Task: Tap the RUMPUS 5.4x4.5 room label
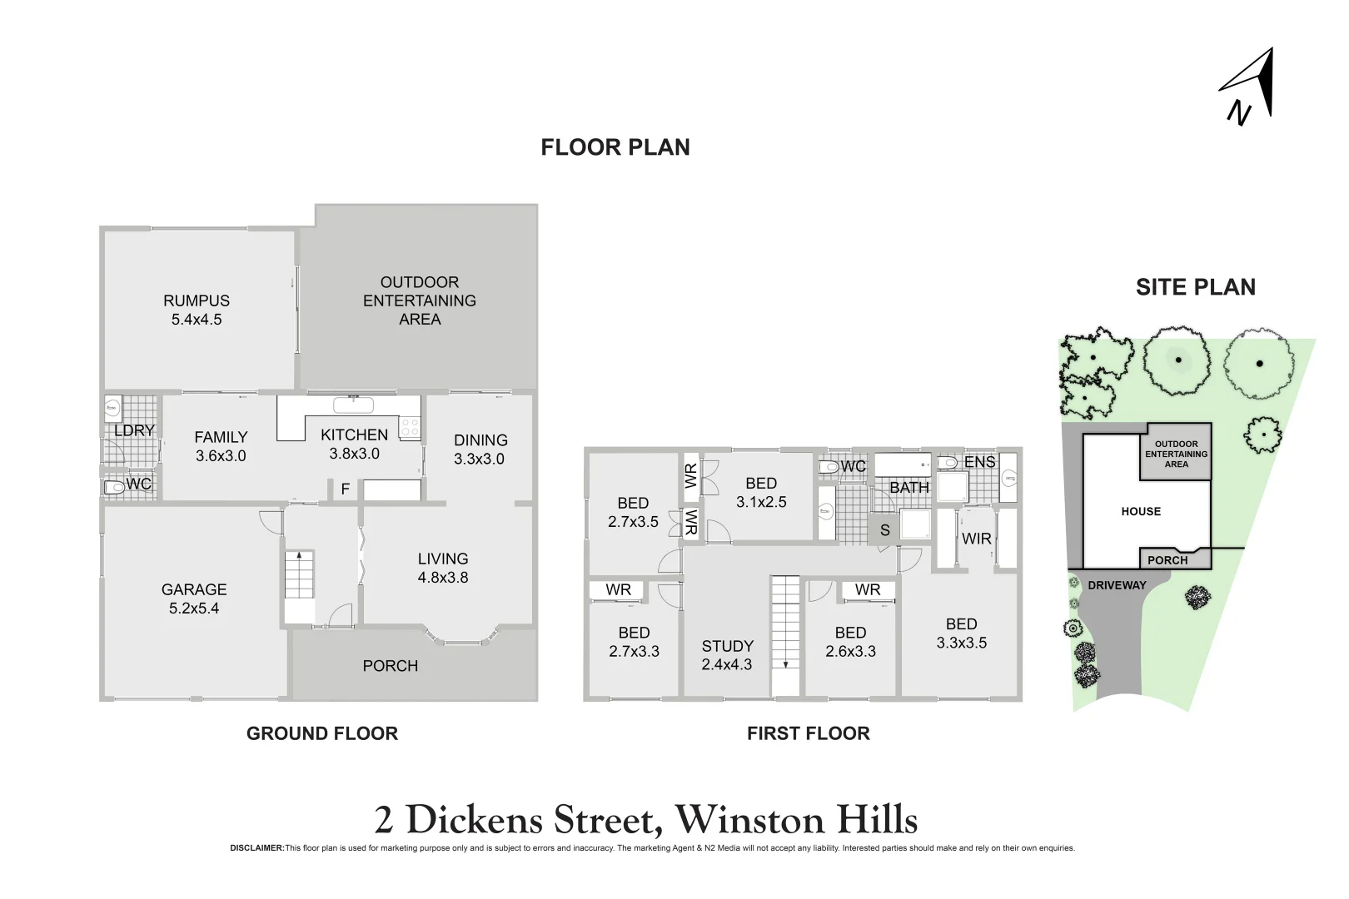pos(197,310)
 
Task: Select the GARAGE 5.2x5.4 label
pos(194,599)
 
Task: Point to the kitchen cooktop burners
pos(410,428)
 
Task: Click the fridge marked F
pos(345,489)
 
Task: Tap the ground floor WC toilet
pos(113,487)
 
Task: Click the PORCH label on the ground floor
pos(391,666)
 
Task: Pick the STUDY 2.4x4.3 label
pos(727,655)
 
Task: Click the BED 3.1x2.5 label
pos(761,493)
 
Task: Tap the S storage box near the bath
pos(884,530)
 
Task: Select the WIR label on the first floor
pos(976,539)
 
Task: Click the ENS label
pos(979,462)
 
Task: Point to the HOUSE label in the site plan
pos(1141,512)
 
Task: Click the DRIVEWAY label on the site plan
pos(1117,585)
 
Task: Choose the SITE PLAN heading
pos(1195,287)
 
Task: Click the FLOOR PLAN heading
pos(615,147)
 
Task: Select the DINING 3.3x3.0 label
pos(480,449)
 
